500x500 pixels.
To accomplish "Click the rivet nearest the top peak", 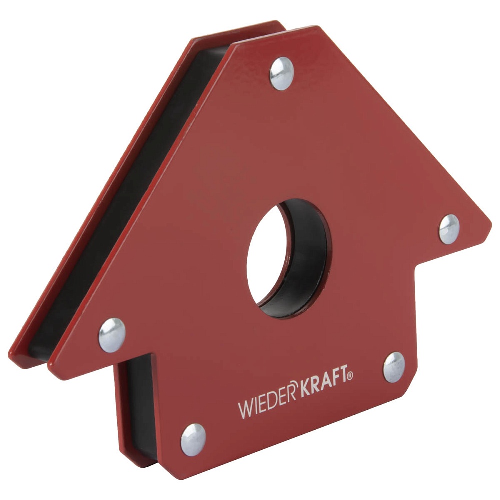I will point(281,73).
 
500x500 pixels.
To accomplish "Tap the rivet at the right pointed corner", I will point(449,229).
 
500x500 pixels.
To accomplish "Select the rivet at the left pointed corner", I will point(111,335).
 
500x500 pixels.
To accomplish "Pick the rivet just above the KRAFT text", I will point(394,367).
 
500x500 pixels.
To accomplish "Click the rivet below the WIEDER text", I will point(193,440).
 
